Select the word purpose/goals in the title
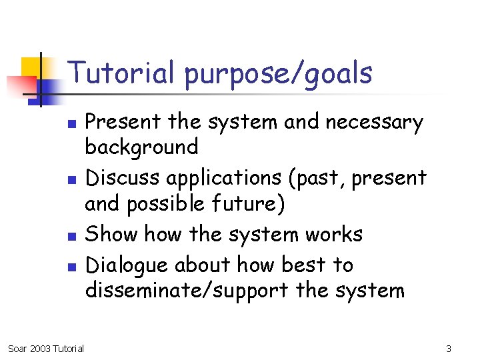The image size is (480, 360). click(x=279, y=74)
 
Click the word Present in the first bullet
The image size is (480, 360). click(x=124, y=122)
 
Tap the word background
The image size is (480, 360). click(x=142, y=147)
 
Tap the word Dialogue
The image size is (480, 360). click(x=128, y=266)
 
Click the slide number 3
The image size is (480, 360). click(x=449, y=349)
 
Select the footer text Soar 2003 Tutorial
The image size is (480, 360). click(x=45, y=349)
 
